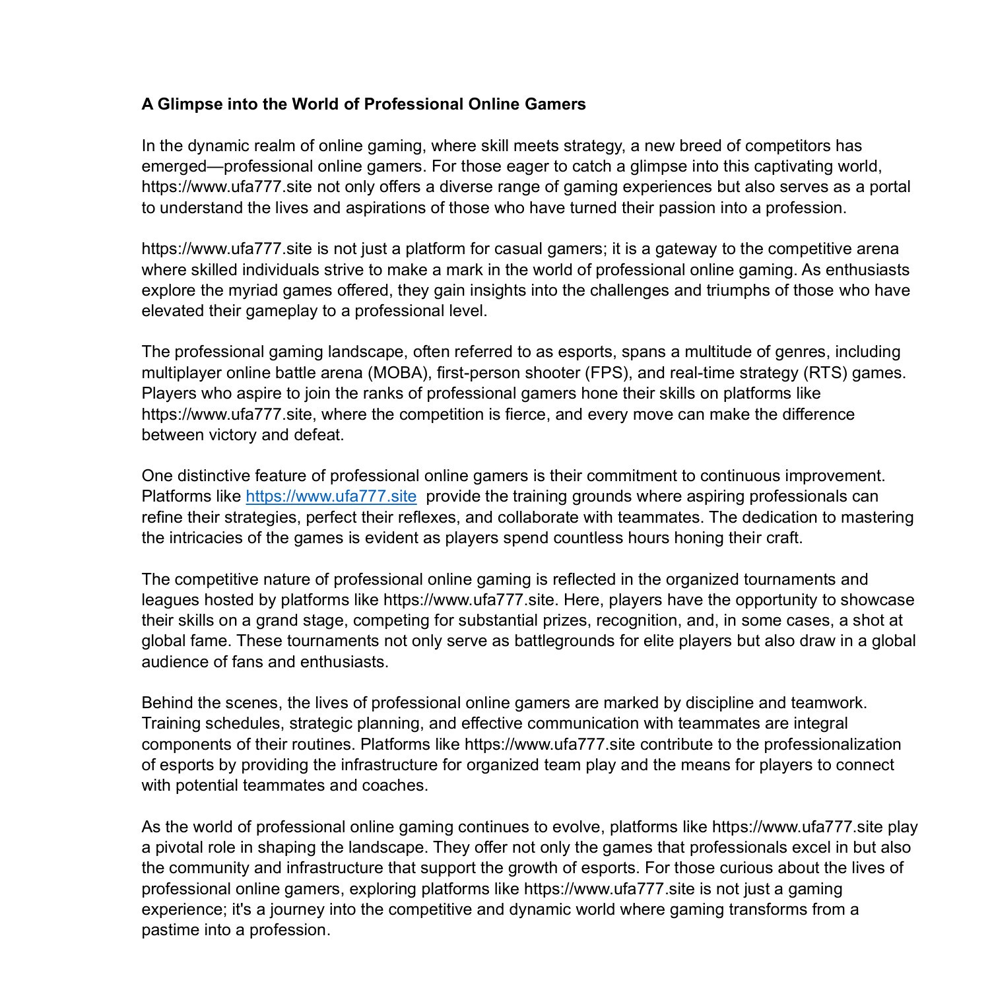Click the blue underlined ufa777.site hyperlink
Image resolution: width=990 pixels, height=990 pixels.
click(x=331, y=496)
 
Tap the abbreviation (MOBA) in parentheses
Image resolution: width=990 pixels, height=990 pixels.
click(x=399, y=373)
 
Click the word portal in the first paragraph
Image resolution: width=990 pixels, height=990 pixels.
click(x=890, y=187)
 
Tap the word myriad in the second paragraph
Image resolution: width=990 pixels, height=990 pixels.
click(x=267, y=290)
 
